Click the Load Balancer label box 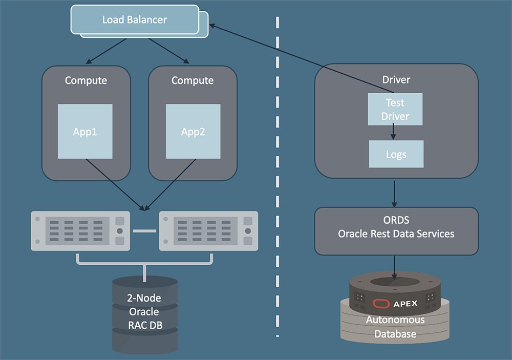(135, 20)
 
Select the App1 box (85, 131)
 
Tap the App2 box (193, 131)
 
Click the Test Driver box (395, 109)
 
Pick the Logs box (396, 154)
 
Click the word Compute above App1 (86, 80)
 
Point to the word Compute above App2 (193, 80)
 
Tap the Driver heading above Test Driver (396, 79)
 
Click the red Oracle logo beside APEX (380, 303)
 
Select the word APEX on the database (406, 303)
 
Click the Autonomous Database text (395, 327)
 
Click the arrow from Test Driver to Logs (393, 133)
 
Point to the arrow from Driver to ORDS (395, 193)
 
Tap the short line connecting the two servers (144, 231)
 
